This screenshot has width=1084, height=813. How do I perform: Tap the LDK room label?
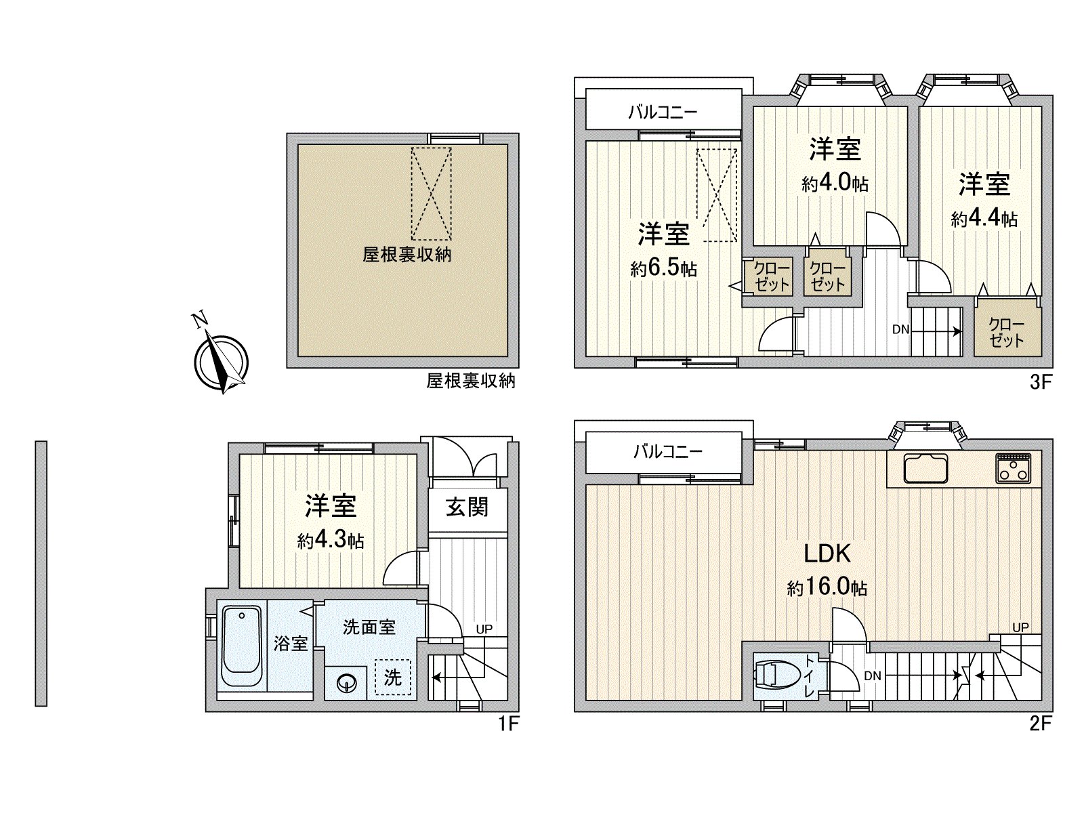coord(827,554)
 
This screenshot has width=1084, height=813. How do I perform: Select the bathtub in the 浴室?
coord(241,648)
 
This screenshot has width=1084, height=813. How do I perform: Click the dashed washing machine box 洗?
coord(393,677)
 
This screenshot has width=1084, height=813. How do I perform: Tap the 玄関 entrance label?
coord(467,506)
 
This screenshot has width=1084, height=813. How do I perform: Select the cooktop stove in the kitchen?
coord(1013,468)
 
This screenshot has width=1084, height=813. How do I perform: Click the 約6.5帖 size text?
coord(663,269)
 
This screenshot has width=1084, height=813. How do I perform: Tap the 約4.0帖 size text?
coord(835,184)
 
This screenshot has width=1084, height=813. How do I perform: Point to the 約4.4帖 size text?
coord(984,219)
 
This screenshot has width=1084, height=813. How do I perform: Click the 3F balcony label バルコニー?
coord(662,112)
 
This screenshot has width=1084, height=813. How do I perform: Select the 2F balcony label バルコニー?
coord(667,451)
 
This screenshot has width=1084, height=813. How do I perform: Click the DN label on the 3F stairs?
coord(900,330)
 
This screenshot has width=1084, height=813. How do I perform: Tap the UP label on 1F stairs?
coord(484,629)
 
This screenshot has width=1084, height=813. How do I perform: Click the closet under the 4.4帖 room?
coord(1006,333)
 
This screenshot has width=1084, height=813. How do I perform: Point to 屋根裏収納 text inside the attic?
coord(406,255)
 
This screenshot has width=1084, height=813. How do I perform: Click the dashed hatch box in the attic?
coord(431,193)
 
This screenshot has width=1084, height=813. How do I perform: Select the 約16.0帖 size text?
coord(827,587)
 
